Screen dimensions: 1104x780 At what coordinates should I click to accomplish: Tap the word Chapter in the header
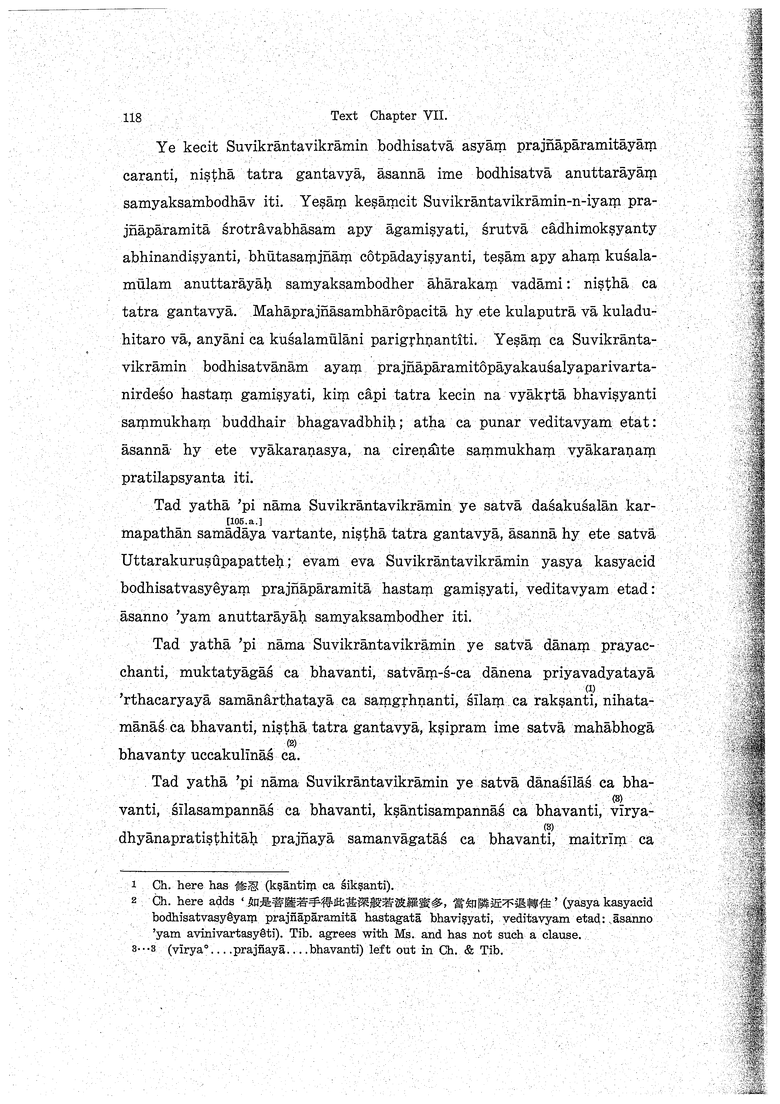pyautogui.click(x=393, y=116)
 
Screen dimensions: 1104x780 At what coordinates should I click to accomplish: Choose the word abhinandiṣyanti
pyautogui.click(x=182, y=257)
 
